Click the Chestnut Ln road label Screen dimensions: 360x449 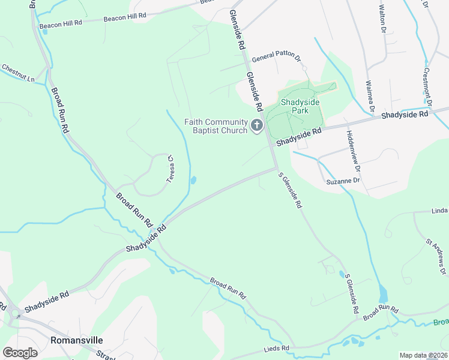point(17,73)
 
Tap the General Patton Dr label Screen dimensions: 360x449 point(276,58)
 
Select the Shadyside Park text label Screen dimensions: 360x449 point(300,106)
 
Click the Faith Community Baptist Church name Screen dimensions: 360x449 point(216,126)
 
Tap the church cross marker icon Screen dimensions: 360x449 point(257,125)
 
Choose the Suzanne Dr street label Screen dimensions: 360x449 point(343,180)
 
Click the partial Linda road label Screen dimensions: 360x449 point(439,211)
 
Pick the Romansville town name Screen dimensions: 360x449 point(73,340)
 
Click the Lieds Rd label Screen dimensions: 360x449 point(277,348)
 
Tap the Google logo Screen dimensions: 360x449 point(20,353)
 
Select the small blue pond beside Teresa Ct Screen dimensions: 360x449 point(193,179)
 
